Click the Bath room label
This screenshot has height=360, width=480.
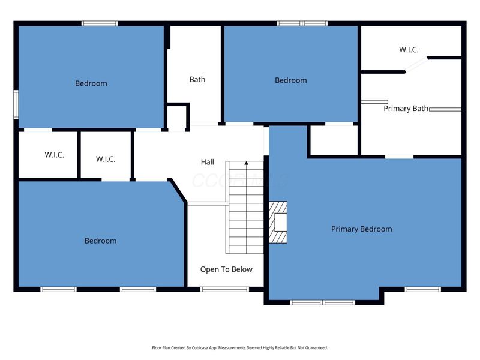click(x=197, y=79)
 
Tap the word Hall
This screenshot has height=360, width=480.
click(x=207, y=162)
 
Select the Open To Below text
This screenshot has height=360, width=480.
click(x=226, y=269)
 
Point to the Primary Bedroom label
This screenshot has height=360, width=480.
click(x=361, y=229)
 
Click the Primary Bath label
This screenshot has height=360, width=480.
click(x=406, y=109)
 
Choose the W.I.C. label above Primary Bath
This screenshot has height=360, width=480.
click(x=409, y=50)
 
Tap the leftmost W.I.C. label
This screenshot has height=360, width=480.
click(x=54, y=155)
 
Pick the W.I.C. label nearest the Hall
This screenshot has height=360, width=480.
click(x=106, y=159)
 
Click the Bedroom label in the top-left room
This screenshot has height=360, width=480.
click(x=91, y=83)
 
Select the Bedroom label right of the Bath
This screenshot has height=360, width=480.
click(x=290, y=80)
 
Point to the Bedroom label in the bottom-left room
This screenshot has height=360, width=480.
click(x=100, y=241)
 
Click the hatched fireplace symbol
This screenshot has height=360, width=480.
click(x=278, y=222)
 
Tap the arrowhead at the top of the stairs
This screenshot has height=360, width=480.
click(x=246, y=163)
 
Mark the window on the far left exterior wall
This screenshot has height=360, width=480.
click(x=16, y=106)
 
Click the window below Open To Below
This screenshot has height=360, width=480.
click(x=224, y=289)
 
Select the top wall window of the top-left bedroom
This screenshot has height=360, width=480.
click(x=100, y=23)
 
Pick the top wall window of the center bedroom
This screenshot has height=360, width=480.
click(x=302, y=23)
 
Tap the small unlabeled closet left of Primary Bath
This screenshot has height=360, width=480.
click(x=333, y=141)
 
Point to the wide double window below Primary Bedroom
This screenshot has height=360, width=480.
click(x=323, y=302)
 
